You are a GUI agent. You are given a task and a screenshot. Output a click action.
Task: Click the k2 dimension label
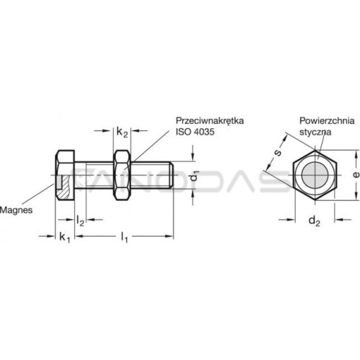coord(122,132)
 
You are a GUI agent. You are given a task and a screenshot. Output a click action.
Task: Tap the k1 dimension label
coord(65,238)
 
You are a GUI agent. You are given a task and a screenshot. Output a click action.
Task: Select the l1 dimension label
coord(125,237)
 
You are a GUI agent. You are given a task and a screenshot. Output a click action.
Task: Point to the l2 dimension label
coord(80,220)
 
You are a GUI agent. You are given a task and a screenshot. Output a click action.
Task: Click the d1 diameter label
coord(194,176)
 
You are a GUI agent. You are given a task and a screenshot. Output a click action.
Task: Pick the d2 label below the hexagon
coord(315,220)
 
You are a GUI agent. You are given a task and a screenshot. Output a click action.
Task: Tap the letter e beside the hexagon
coord(356,174)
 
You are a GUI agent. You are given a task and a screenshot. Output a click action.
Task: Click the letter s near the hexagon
coord(278,152)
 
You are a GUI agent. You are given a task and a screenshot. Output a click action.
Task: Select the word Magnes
coord(16,210)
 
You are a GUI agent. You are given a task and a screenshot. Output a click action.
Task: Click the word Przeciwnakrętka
coord(210,120)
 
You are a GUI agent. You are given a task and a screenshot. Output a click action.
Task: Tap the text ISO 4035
coord(195,132)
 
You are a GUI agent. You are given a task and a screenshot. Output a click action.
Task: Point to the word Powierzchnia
coord(327,121)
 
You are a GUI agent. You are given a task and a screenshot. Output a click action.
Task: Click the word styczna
coord(315,132)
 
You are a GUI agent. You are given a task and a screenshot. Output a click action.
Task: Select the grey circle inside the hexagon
coord(315,175)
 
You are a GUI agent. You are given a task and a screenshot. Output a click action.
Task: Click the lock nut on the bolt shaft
coord(122,175)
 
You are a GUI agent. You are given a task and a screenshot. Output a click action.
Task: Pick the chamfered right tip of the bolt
coord(171,175)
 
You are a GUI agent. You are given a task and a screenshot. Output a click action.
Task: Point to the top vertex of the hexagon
coord(315,150)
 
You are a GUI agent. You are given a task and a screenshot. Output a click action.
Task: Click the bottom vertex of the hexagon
coord(315,200)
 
